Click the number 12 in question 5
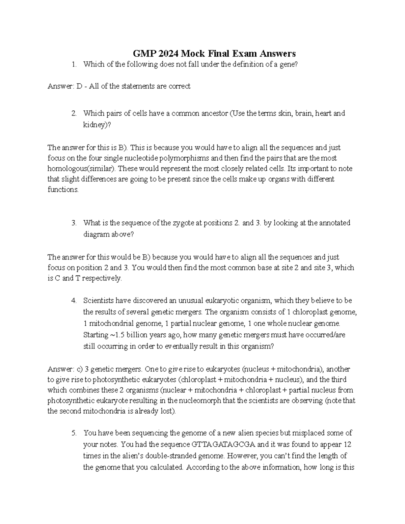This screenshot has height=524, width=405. tap(347, 444)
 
